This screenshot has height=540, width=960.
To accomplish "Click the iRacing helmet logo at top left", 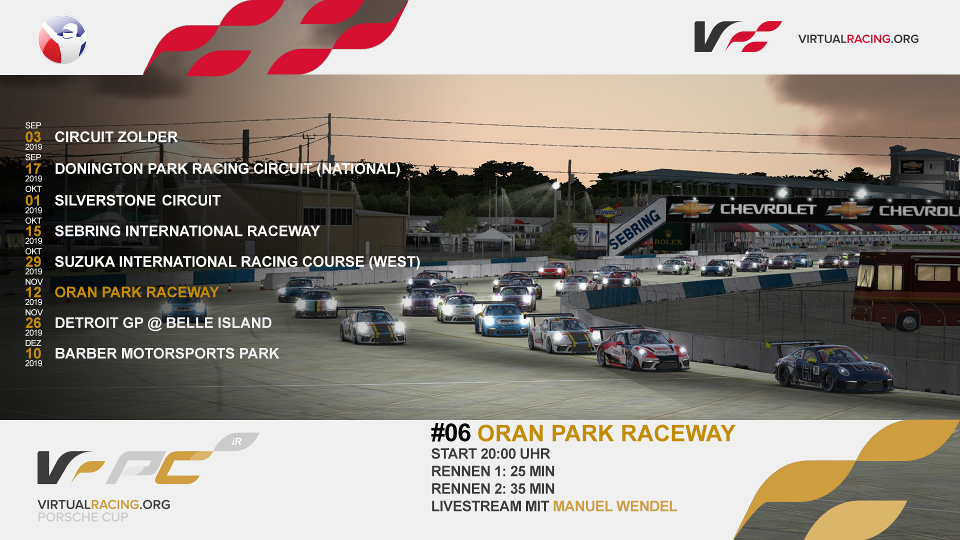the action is point(62,39).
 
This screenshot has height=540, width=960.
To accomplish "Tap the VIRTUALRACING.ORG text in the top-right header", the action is point(858,39).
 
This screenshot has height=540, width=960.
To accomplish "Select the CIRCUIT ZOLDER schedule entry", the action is point(116,137).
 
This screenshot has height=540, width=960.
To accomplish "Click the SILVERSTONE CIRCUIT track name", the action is point(137,200).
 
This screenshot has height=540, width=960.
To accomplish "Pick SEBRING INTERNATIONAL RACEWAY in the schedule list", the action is point(187,231).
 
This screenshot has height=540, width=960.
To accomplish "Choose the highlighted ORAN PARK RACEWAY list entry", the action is point(136,292).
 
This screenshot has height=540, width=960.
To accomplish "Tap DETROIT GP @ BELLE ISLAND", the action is point(163,323).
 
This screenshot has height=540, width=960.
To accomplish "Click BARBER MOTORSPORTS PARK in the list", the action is point(166,353).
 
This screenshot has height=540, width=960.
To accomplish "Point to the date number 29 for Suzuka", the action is point(33,261).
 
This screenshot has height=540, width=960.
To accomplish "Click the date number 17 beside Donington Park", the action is point(33,168).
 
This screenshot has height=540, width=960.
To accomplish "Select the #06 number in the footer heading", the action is point(450,433).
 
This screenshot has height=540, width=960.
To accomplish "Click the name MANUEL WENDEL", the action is point(615,506).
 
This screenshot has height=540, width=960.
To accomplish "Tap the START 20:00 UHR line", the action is point(490,453).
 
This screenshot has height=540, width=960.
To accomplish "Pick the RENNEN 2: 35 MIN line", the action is point(493,488).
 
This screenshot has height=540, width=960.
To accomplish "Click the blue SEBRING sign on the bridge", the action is point(635,229).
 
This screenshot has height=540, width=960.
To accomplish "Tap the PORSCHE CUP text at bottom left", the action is point(83,517).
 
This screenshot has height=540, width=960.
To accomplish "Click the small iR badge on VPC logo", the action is point(237,441).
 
